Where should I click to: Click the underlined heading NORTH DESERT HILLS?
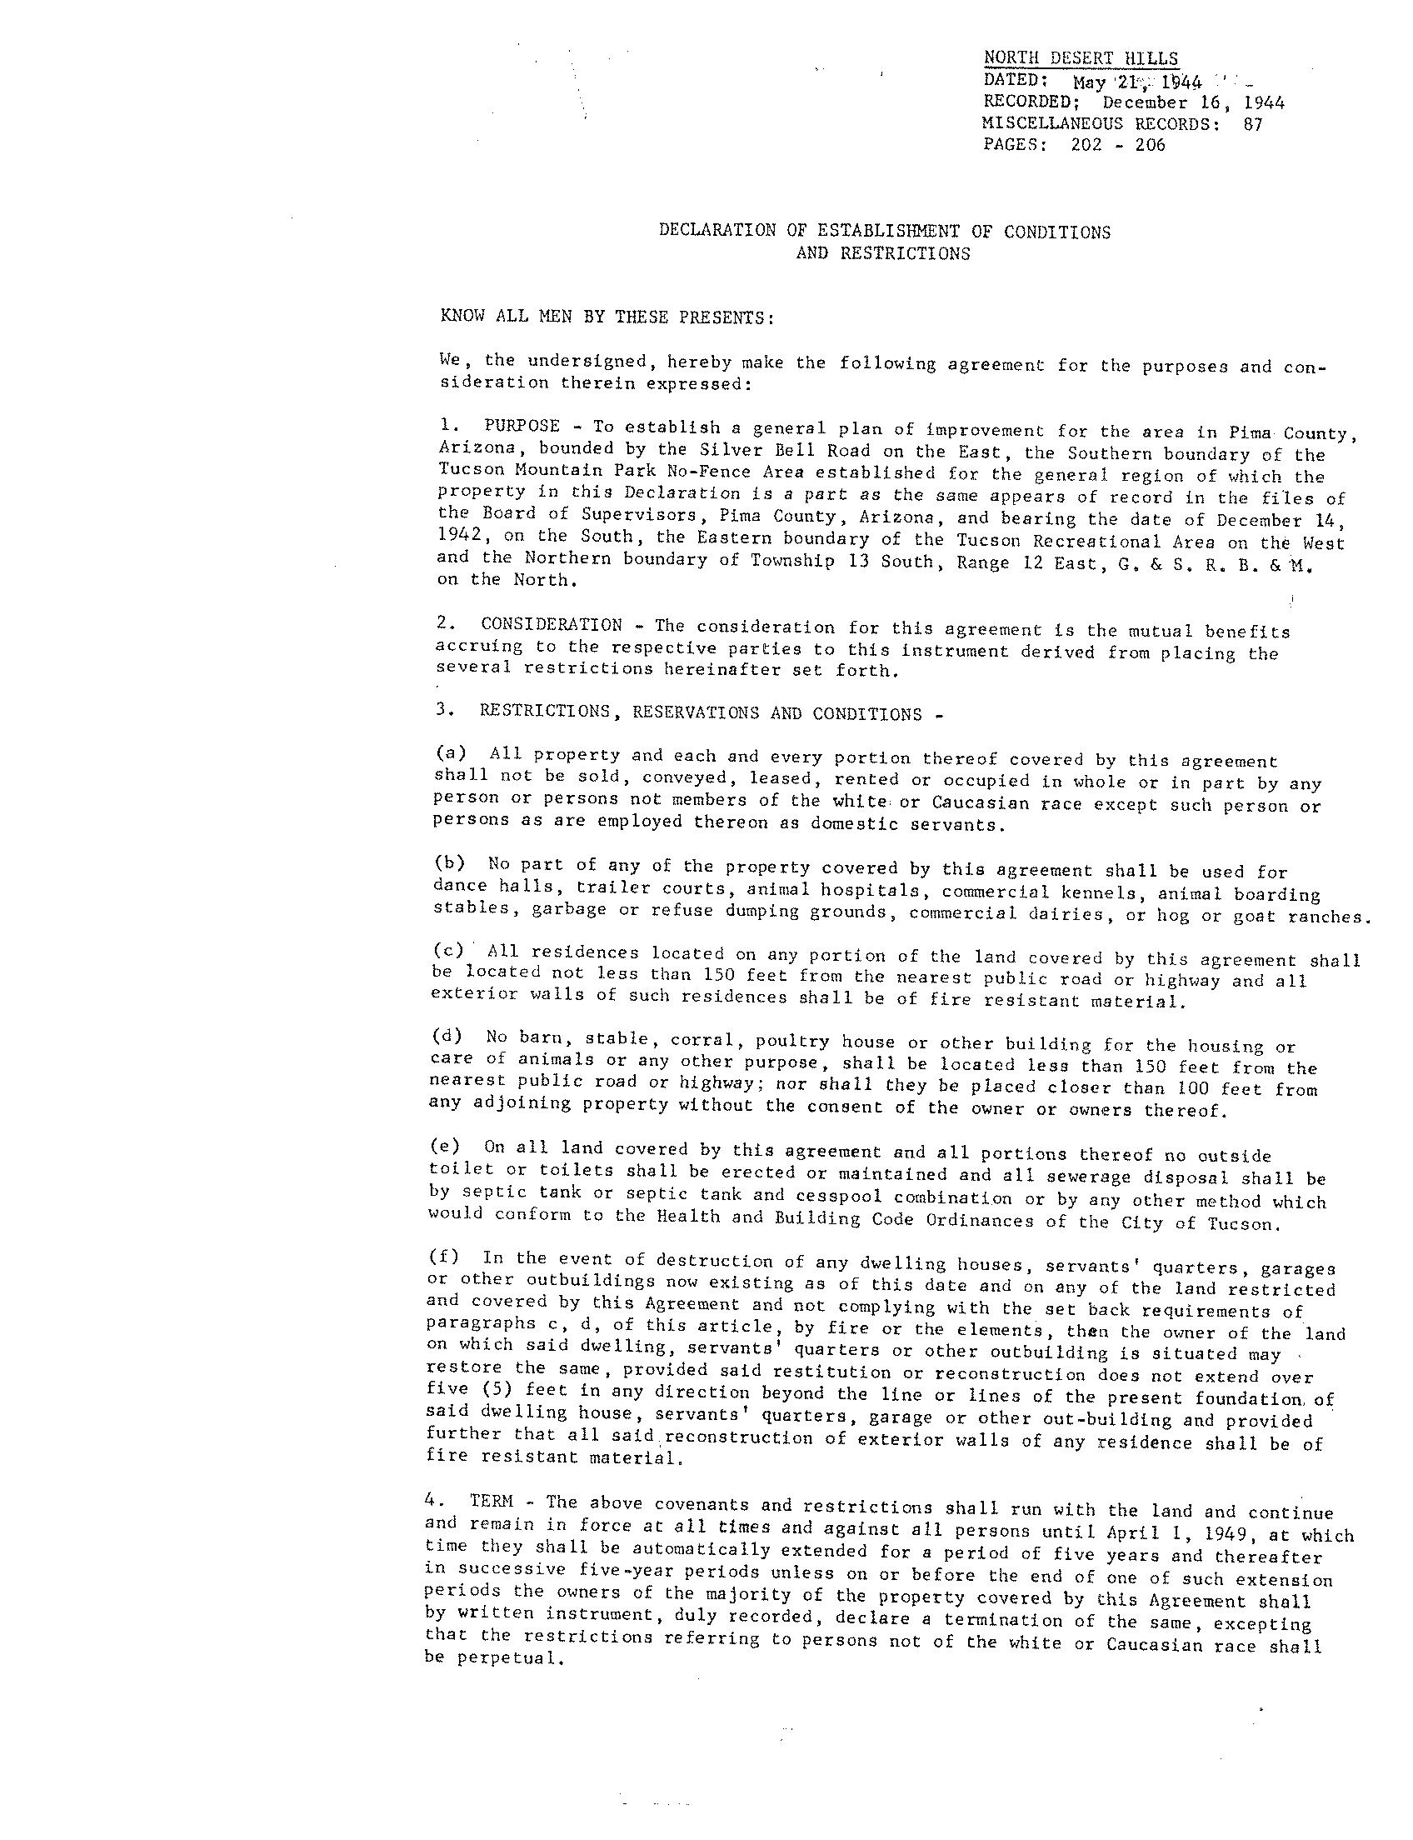pos(1081,58)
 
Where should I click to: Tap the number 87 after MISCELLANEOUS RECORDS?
pos(1251,123)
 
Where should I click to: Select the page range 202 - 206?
pos(1118,145)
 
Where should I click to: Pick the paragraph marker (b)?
pos(449,862)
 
